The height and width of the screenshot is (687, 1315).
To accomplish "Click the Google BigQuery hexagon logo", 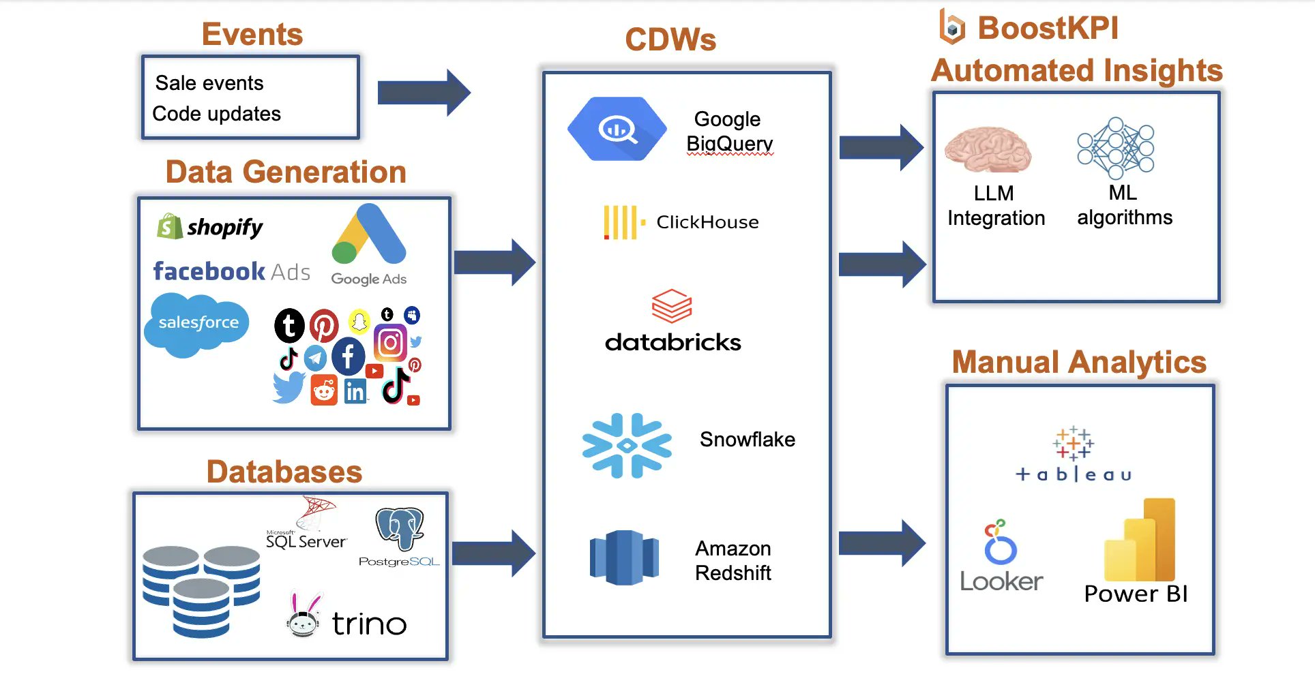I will [617, 129].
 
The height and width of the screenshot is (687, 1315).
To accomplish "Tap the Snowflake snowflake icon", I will [626, 445].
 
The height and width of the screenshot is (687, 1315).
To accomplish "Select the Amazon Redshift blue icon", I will [623, 558].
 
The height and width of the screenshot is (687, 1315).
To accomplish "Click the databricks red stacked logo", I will [672, 305].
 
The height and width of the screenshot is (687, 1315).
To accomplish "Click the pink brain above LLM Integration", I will [987, 149].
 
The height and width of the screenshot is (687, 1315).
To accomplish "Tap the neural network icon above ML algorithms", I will [1115, 148].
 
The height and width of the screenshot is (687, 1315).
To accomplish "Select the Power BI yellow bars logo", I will [1140, 540].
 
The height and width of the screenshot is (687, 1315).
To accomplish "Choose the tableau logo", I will [1074, 454].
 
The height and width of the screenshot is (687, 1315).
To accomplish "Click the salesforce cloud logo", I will [197, 324].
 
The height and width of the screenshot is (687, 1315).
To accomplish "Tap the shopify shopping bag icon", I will [169, 226].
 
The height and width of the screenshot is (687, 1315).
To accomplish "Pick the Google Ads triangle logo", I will [369, 236].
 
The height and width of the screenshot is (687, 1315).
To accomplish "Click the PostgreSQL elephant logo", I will [399, 528].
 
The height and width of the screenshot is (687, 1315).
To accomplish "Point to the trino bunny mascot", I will [303, 615].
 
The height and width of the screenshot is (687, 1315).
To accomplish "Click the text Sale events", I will [209, 83].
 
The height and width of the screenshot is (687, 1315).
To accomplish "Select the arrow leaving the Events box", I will [423, 92].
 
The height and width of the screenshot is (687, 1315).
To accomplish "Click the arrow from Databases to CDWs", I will [492, 553].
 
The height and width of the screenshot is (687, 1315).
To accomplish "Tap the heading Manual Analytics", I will [1079, 362].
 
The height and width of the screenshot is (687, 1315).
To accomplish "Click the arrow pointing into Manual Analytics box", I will [881, 543].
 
